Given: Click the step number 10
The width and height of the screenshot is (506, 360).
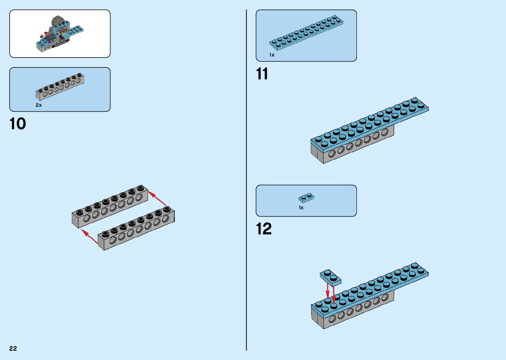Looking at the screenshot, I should coord(18,124).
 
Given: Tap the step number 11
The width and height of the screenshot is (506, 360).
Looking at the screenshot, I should coord(262,74).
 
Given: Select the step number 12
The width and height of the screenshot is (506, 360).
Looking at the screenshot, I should coord(264,229).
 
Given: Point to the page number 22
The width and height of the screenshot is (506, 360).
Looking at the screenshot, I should coord(13,348).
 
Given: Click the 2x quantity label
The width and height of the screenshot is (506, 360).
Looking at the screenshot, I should coord(39,105).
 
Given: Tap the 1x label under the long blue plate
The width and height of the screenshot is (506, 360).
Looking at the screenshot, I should coord(272,55).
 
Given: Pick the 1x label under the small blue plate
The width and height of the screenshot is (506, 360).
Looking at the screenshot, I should coord(301,208).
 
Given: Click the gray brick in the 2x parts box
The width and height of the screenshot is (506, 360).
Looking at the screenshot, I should coord(60,87).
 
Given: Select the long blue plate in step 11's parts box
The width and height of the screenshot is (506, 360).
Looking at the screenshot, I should coord(306,33).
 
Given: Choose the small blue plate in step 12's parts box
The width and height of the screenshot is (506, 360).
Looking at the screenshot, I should coord(306,198).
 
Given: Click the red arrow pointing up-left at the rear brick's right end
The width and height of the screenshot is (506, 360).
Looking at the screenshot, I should coord(157,198).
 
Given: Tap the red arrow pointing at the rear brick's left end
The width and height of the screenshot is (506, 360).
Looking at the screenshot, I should coord(90,236).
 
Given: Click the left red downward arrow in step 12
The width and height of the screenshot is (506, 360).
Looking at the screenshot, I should coord(328,291).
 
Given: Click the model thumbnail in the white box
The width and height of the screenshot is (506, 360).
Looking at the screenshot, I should coord(60,34).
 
